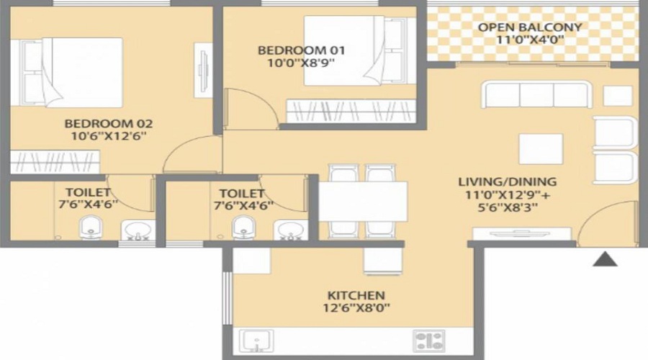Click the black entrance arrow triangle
pos(605,259)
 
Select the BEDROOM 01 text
pos(302,50)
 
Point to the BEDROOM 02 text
pos(108,123)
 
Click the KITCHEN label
pos(356,296)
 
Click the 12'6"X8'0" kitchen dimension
pos(356,309)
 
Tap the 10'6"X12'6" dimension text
pos(108,136)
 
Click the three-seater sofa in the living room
pos(536,95)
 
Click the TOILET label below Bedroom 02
pos(88,193)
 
